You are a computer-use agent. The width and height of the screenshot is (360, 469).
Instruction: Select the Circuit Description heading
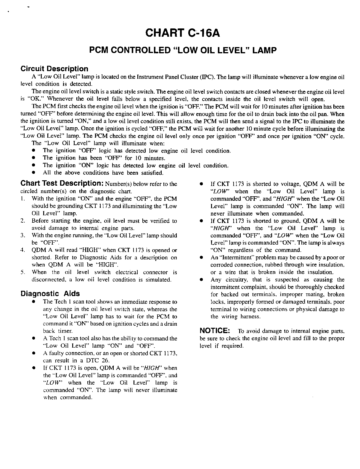[x=54, y=69]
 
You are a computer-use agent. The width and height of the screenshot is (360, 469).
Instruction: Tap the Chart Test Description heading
[x=62, y=184]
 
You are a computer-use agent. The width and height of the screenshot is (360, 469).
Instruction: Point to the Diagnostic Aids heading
[x=50, y=294]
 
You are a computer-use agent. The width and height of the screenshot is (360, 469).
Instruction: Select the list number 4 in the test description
[x=22, y=250]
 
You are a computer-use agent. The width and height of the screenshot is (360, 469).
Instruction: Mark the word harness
[x=250, y=317]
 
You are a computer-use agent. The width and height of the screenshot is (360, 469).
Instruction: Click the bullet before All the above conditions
[x=34, y=172]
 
